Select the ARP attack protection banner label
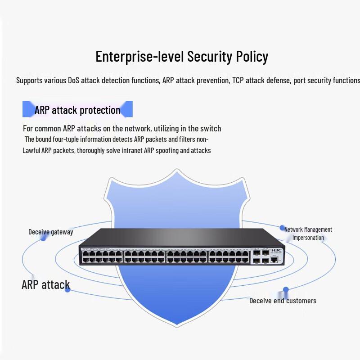point(77,110)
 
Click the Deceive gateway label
point(51,232)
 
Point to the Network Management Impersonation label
point(308,234)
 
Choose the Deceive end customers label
point(283,301)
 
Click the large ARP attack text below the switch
point(46,285)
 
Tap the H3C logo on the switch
point(276,251)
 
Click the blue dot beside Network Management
point(282,228)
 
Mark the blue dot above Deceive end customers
point(286,289)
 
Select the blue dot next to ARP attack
point(67,290)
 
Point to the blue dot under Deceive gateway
point(43,238)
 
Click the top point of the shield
point(177,170)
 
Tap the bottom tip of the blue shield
point(177,326)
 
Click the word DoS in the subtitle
point(73,81)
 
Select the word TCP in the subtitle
point(238,81)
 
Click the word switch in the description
point(211,129)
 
